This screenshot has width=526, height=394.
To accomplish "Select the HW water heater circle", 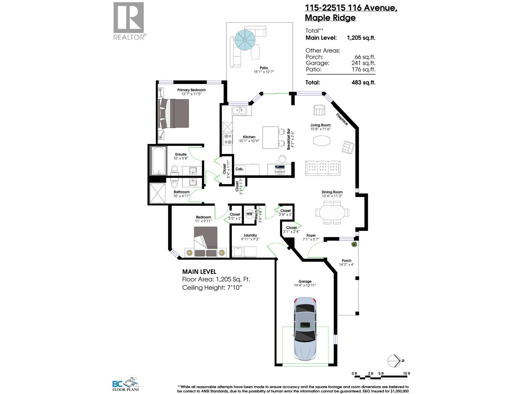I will tap(250, 214).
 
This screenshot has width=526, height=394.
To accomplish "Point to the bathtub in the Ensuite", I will tap(158, 161).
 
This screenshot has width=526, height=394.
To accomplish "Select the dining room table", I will tap(332, 212).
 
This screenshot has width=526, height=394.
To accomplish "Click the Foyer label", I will tap(311, 235).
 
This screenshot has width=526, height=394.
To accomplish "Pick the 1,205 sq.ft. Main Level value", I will tap(361, 38).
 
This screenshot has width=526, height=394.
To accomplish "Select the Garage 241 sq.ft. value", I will tap(363, 63).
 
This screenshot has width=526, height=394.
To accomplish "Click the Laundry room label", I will tap(250, 235).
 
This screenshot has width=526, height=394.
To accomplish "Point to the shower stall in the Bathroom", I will tap(157, 193).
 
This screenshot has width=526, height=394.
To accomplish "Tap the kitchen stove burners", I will tap(227, 139).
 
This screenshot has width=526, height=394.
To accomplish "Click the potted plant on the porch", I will tap(354, 244).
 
